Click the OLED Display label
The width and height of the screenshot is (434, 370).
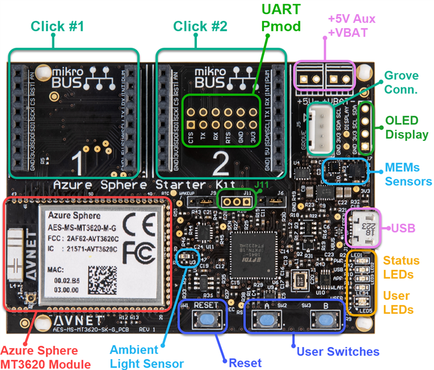click(x=406, y=128)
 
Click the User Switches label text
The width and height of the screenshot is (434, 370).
click(x=338, y=352)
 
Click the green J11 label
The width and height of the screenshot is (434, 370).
click(x=263, y=185)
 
